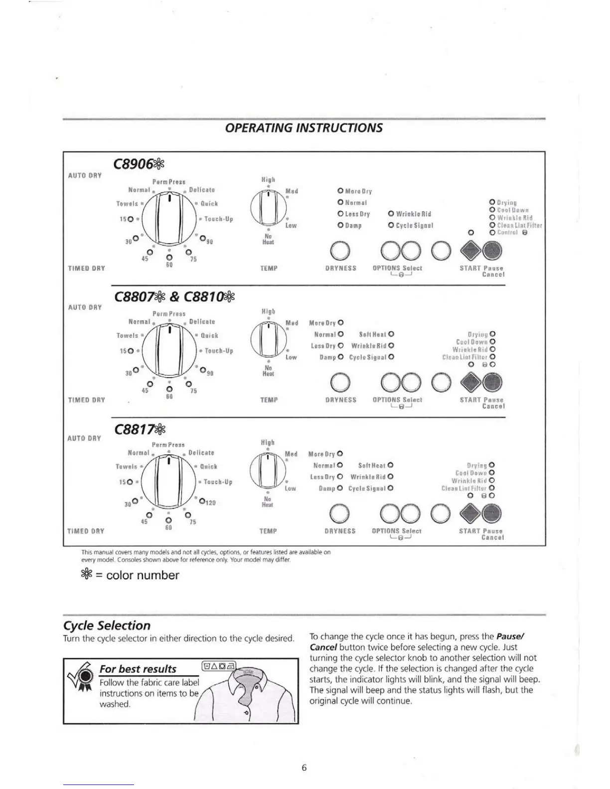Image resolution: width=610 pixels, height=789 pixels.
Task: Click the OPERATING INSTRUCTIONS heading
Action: [304, 128]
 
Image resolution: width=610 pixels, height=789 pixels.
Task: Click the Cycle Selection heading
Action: [107, 626]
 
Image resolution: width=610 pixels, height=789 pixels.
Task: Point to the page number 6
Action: [304, 768]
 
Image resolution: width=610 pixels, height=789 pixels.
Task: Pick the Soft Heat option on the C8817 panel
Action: [372, 465]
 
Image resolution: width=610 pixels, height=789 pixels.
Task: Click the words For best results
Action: [138, 669]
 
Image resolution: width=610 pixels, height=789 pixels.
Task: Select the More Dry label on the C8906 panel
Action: [358, 191]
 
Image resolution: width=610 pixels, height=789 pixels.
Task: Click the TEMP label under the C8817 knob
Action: [268, 531]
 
